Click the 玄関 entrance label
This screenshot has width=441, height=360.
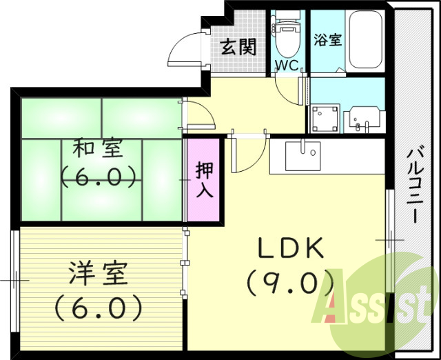click(238, 47)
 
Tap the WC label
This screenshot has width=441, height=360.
click(286, 65)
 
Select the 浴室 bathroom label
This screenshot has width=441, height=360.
click(327, 39)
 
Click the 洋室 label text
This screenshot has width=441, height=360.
click(98, 273)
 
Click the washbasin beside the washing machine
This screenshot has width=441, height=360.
click(363, 119)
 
